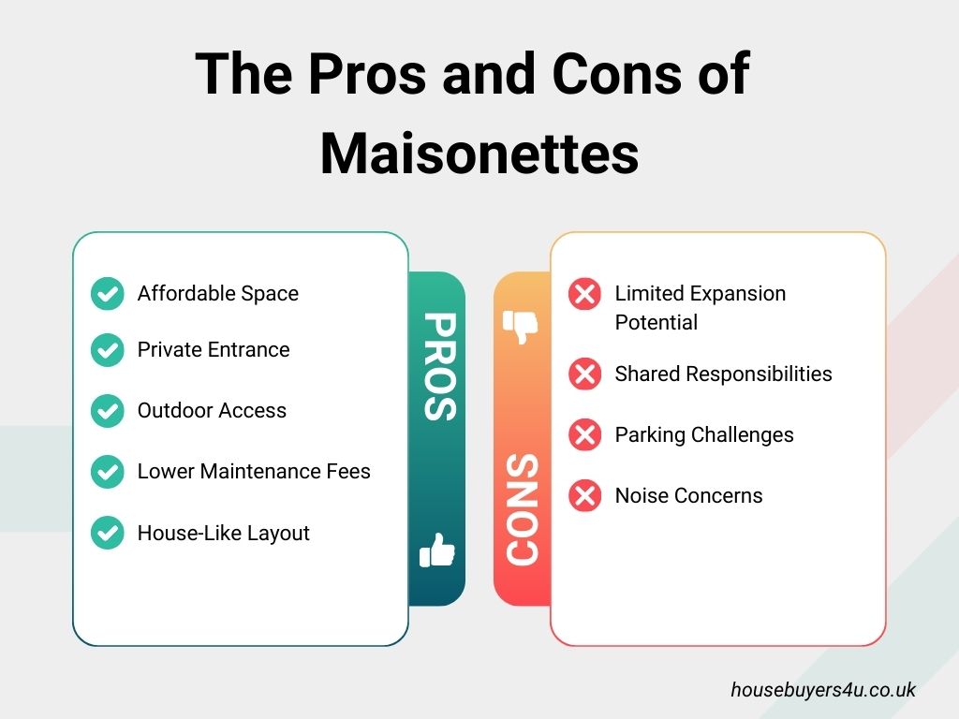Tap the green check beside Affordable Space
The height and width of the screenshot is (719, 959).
tap(108, 294)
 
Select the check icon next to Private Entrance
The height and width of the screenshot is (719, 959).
tap(108, 350)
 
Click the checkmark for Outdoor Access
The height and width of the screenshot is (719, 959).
tap(108, 411)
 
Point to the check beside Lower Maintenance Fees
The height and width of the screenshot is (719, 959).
tap(108, 472)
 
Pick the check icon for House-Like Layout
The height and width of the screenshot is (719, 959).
tap(108, 534)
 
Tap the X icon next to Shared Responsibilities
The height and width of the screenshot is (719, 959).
tap(585, 374)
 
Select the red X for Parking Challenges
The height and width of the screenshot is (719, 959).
tap(585, 435)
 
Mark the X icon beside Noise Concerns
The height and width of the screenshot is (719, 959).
tap(585, 496)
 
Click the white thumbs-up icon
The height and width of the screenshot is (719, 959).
tap(437, 551)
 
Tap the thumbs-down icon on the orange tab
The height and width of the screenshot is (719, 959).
tap(521, 326)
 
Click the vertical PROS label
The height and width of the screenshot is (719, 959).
tap(437, 366)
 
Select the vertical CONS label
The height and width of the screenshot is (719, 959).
tap(522, 510)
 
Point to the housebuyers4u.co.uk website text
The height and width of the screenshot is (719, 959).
tap(823, 690)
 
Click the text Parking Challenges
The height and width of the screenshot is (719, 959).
tap(704, 435)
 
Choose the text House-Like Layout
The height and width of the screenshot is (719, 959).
tap(223, 534)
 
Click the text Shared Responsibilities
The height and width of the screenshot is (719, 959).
tap(723, 374)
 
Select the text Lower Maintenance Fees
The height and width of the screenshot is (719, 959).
tap(254, 472)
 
